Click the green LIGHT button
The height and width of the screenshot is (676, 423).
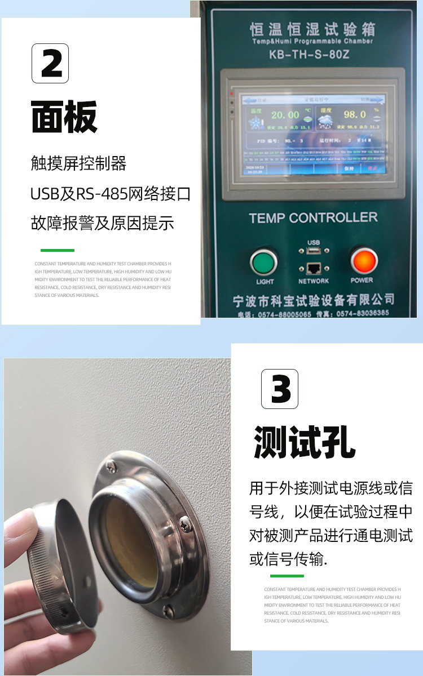click(x=263, y=262)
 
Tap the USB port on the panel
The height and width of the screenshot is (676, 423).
click(x=314, y=251)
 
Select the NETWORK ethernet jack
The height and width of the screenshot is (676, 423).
click(x=314, y=269)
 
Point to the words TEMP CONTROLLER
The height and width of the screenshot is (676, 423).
click(x=313, y=217)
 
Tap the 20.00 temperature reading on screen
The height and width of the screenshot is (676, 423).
click(x=285, y=115)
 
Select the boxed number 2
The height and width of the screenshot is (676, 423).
click(x=50, y=64)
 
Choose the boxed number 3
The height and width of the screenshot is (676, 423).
click(x=280, y=389)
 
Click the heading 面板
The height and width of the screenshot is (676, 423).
click(x=64, y=117)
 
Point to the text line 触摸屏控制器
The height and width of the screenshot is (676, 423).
click(x=78, y=164)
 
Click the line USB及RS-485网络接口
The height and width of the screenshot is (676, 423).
click(x=110, y=194)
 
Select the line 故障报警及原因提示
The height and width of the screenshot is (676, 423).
click(x=102, y=224)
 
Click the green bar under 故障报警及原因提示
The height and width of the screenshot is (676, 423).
click(x=57, y=250)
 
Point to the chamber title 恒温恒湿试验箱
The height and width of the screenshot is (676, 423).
click(x=312, y=29)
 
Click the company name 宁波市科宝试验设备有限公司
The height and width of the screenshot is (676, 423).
click(x=314, y=300)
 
